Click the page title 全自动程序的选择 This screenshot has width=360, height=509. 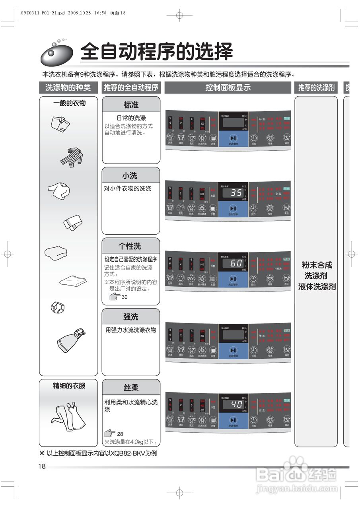(156, 51)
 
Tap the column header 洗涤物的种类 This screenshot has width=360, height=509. (68, 87)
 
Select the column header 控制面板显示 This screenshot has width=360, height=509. (228, 87)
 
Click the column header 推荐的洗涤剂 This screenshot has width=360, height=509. (316, 87)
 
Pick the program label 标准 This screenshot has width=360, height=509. (131, 105)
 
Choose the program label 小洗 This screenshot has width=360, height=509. (130, 175)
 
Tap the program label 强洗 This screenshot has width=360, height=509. (130, 317)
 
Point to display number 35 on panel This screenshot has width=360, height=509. (236, 193)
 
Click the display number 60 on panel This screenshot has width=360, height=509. (236, 263)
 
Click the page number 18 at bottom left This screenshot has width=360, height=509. (42, 466)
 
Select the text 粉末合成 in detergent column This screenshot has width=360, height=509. (317, 265)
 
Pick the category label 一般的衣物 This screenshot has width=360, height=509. (69, 103)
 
